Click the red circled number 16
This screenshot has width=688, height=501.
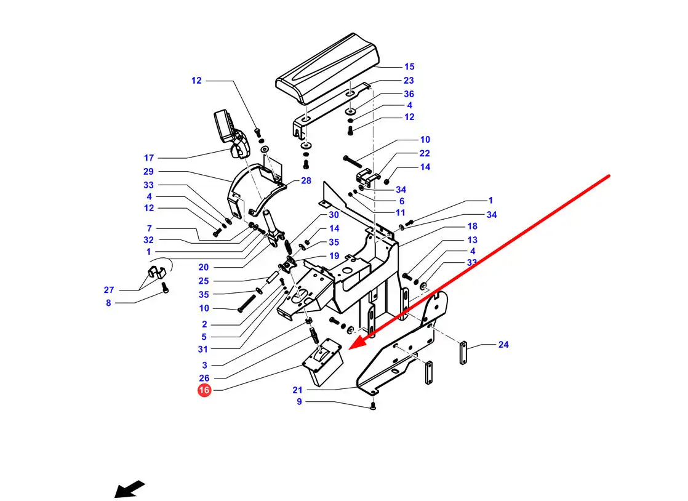point(204,390)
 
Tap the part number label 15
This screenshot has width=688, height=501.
point(409,66)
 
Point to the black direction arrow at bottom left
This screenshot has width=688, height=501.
point(129,489)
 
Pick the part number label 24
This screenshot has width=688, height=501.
point(503,345)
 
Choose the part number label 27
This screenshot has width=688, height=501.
point(109,289)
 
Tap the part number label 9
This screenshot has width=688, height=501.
point(299,402)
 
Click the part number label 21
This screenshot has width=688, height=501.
point(298,390)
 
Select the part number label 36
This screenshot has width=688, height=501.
point(409,94)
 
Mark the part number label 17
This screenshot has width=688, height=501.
point(149,158)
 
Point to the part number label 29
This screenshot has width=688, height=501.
point(148,172)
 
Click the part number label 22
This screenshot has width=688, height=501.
point(425,153)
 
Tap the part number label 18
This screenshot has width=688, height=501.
point(472,226)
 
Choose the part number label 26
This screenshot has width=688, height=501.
point(204,378)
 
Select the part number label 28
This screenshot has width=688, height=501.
point(306,181)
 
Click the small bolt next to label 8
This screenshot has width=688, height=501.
point(164,288)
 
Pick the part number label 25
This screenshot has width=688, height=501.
point(204,281)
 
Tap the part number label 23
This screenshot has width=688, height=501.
point(409,80)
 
